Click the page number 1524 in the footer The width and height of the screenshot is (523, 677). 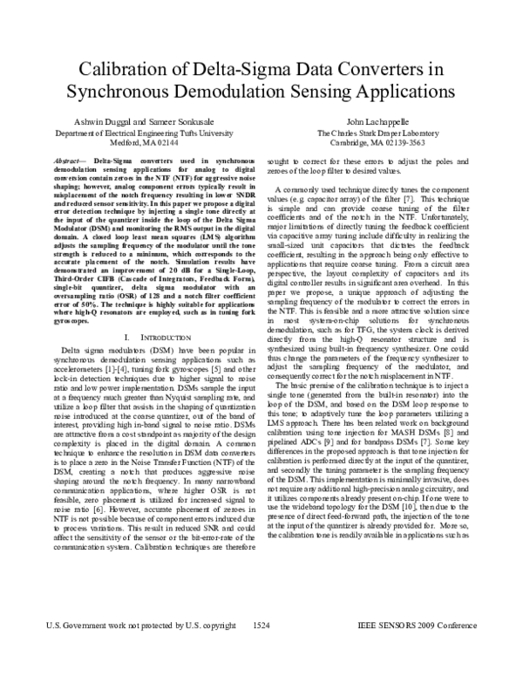click(261, 651)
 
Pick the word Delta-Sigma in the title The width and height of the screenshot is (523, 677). click(221, 69)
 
